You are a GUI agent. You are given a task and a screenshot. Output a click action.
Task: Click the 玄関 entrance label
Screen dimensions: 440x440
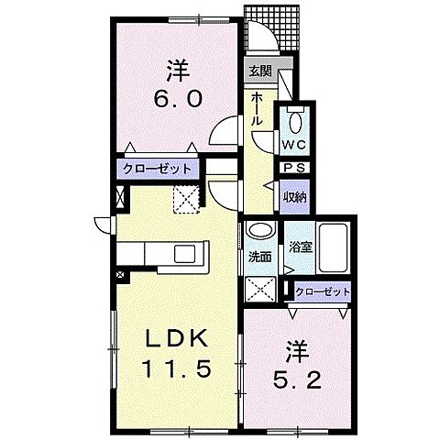260,71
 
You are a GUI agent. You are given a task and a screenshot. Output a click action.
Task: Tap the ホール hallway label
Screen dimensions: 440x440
257,109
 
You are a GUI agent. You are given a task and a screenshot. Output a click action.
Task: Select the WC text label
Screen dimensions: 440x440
293,145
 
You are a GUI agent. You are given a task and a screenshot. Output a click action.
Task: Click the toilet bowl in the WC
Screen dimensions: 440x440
295,123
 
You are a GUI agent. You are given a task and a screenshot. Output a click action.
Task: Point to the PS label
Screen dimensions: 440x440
294,168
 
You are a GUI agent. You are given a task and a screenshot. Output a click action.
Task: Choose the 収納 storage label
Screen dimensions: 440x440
294,198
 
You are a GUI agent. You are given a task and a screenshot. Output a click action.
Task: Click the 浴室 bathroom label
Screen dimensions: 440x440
301,247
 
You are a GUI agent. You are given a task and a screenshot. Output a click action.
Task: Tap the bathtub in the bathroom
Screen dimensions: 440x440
333,248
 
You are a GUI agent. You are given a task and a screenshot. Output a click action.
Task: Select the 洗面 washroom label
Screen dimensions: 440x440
259,258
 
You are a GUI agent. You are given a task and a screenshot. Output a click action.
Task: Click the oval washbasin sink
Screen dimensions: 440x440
260,231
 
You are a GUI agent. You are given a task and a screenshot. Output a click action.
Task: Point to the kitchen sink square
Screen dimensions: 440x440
184,254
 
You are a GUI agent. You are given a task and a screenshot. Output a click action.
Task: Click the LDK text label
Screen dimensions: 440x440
176,338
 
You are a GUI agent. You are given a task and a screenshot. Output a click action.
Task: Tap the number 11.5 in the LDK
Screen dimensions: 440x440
176,368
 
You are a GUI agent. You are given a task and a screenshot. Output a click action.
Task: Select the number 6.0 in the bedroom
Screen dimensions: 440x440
178,99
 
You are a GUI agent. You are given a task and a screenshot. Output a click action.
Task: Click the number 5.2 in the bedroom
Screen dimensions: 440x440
297,380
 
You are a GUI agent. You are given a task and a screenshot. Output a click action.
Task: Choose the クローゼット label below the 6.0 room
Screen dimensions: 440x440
157,169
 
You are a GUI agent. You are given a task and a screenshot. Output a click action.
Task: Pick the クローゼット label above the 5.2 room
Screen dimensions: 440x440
323,291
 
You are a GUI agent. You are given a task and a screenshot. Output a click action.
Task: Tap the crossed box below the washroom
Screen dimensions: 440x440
260,289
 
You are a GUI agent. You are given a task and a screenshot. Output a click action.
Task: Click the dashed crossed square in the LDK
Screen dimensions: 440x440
186,199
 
